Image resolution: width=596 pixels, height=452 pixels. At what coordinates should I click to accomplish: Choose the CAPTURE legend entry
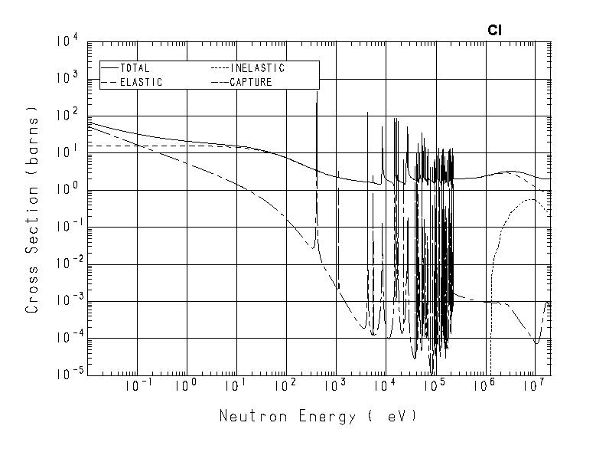pyautogui.click(x=250, y=82)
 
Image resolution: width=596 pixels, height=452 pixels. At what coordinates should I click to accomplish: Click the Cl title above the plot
pyautogui.click(x=494, y=31)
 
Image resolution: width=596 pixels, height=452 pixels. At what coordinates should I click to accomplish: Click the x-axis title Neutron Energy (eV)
pyautogui.click(x=318, y=417)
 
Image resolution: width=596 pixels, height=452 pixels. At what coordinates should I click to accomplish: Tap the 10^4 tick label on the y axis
pyautogui.click(x=66, y=40)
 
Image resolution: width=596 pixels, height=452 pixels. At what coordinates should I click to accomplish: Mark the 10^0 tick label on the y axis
pyautogui.click(x=66, y=188)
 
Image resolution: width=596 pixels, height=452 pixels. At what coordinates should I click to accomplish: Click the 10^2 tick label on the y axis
pyautogui.click(x=66, y=114)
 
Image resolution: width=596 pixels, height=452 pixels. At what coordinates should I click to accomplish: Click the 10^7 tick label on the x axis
pyautogui.click(x=533, y=385)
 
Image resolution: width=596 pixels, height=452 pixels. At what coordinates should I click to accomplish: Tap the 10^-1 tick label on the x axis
pyautogui.click(x=135, y=385)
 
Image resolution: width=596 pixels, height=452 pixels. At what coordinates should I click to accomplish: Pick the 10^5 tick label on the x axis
pyautogui.click(x=435, y=385)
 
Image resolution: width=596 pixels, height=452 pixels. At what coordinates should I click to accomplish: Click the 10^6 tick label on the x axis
pyautogui.click(x=484, y=385)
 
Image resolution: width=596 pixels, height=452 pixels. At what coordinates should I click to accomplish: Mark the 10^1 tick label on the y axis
pyautogui.click(x=66, y=151)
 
